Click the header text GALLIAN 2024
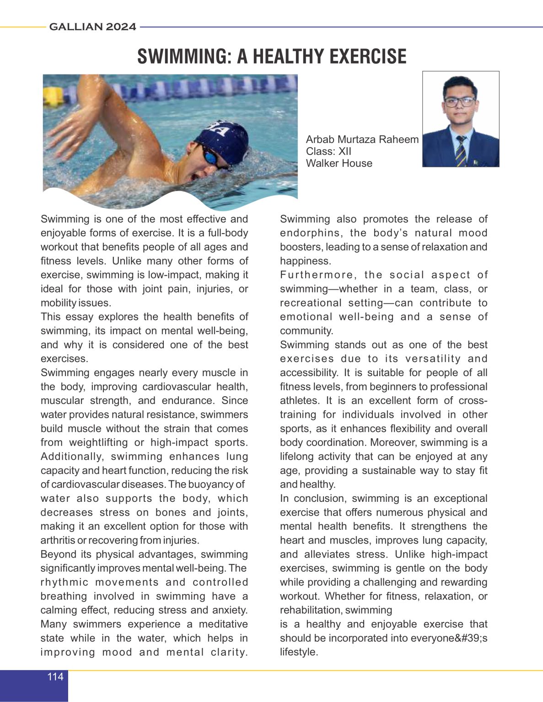click(92, 27)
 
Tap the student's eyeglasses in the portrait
click(460, 101)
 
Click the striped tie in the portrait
click(461, 151)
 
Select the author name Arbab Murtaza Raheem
click(362, 139)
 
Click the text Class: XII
click(328, 151)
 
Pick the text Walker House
click(339, 163)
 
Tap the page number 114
click(55, 676)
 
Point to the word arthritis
click(58, 540)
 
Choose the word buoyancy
click(209, 484)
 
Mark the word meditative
click(223, 624)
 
